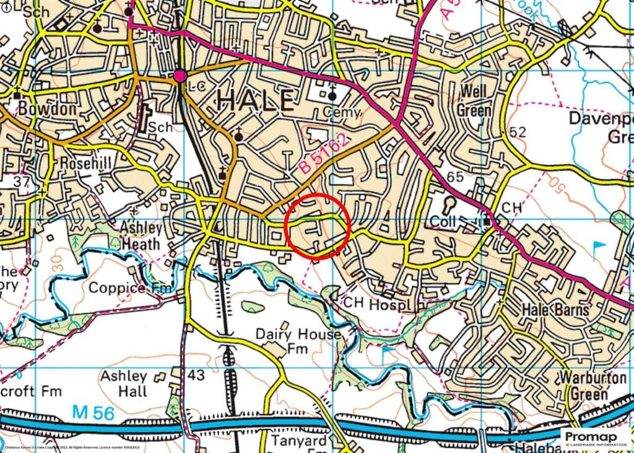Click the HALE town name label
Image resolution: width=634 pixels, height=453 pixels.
pyautogui.click(x=254, y=100)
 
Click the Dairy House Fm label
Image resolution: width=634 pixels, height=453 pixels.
pyautogui.click(x=298, y=341)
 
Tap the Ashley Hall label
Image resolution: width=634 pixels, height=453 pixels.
pyautogui.click(x=124, y=383)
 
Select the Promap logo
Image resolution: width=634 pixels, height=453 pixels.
pyautogui.click(x=596, y=437)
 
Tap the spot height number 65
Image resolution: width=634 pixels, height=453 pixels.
pyautogui.click(x=454, y=177)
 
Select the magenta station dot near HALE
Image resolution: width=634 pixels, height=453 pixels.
pyautogui.click(x=180, y=76)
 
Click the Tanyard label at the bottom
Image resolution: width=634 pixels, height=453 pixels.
pyautogui.click(x=299, y=441)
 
